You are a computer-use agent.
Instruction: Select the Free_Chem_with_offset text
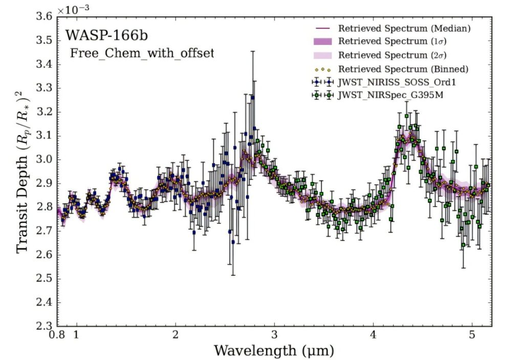click(141, 53)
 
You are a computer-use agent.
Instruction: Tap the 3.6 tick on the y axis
click(43, 17)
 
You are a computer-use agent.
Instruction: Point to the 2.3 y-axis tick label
click(43, 326)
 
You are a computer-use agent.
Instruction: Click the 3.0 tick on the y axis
click(43, 160)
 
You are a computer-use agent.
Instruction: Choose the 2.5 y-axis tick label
click(43, 279)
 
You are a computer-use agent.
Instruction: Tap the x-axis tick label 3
click(275, 336)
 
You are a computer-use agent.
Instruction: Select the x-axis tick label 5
click(472, 336)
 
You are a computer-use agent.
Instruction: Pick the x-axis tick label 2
click(176, 336)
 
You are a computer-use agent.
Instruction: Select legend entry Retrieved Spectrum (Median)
click(404, 28)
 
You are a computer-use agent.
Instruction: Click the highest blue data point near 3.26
click(252, 97)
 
